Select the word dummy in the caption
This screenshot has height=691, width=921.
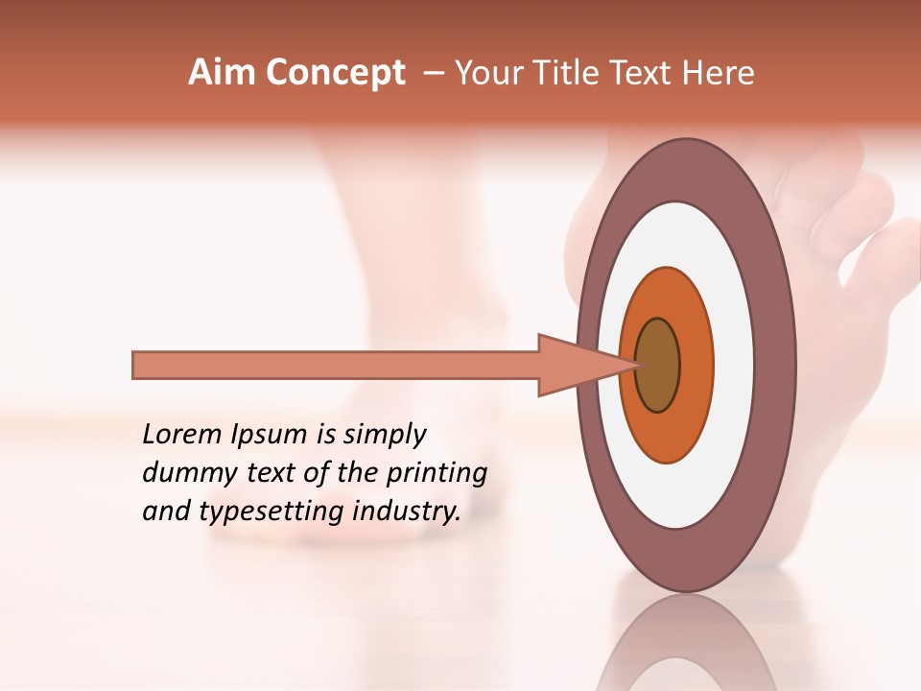pyautogui.click(x=183, y=473)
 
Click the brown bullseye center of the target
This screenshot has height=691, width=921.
pyautogui.click(x=657, y=365)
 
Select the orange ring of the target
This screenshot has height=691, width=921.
pyautogui.click(x=695, y=365)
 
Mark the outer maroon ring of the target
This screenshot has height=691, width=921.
pyautogui.click(x=777, y=365)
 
